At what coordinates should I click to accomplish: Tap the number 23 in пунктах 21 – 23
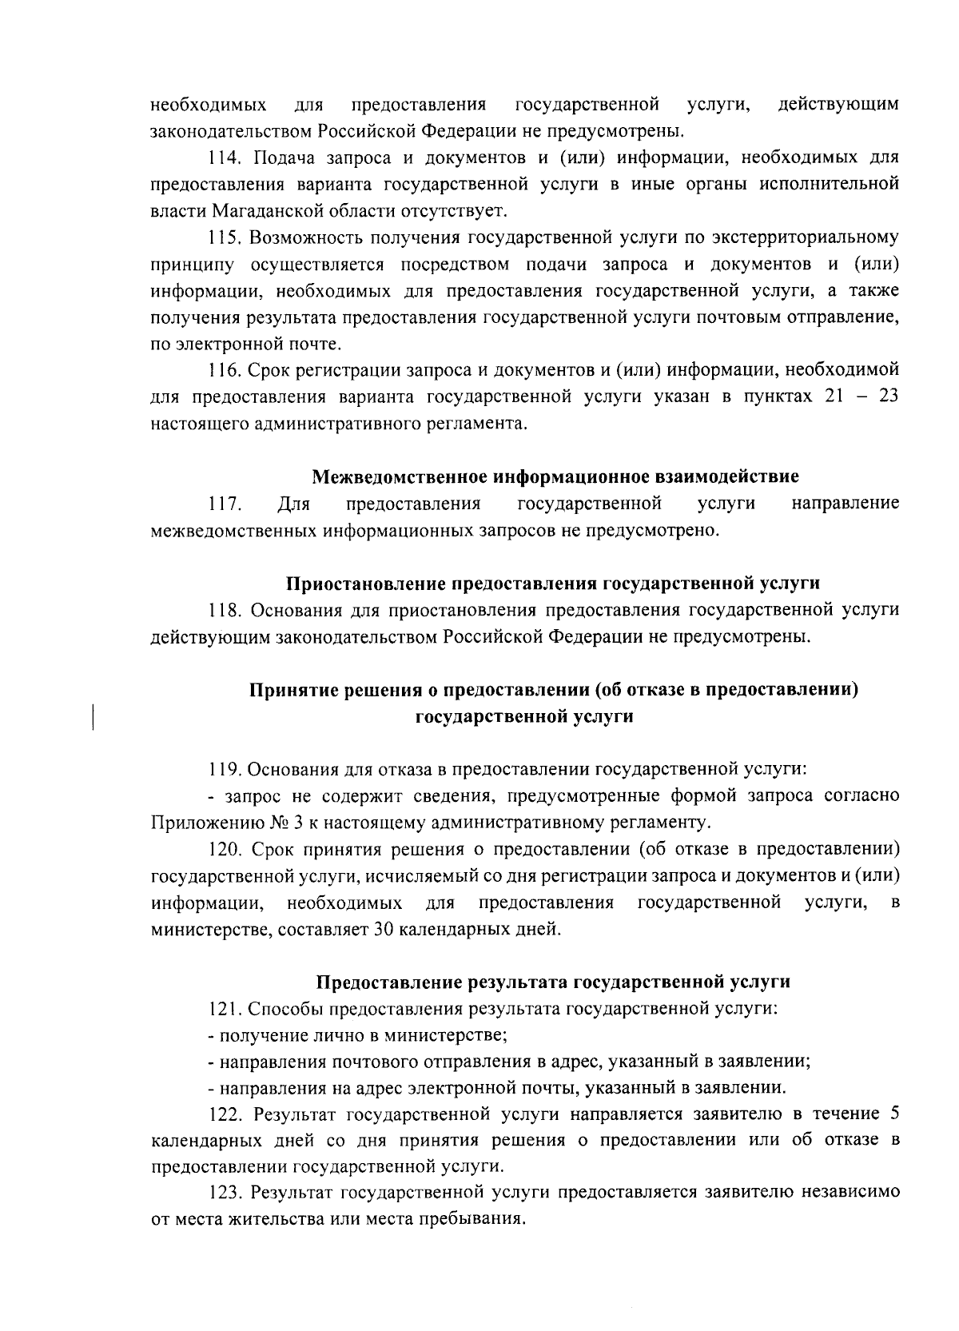(x=889, y=397)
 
